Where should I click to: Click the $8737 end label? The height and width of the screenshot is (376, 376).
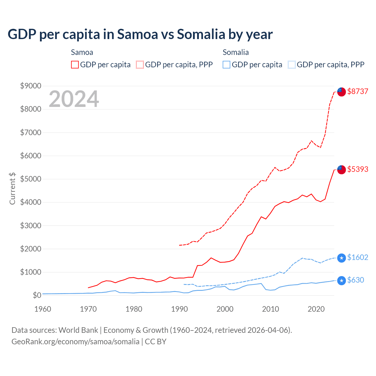tap(357, 91)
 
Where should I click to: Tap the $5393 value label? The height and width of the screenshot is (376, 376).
tap(357, 169)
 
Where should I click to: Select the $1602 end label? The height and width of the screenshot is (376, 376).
tap(357, 257)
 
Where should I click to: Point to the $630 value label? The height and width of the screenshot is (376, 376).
tap(355, 280)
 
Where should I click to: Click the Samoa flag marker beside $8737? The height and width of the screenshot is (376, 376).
tap(341, 92)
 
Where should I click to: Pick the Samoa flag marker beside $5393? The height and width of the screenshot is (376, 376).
tap(341, 169)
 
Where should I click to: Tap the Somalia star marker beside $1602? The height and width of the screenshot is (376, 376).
tap(341, 258)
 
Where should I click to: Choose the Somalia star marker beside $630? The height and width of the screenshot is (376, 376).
tap(341, 281)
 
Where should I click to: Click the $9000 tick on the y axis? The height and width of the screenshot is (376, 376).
tap(31, 86)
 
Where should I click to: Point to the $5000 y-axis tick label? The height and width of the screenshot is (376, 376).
tap(31, 179)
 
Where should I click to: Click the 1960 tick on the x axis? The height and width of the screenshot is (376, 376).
tap(43, 309)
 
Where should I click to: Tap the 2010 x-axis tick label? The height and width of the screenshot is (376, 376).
tap(271, 309)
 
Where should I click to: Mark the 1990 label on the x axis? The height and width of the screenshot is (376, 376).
tap(179, 309)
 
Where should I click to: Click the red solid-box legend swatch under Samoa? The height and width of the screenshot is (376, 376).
tap(75, 65)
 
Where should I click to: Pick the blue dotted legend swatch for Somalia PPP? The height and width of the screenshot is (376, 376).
tap(292, 65)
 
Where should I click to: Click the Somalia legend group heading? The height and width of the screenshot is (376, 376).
tap(236, 52)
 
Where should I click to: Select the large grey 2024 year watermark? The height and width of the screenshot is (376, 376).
tap(74, 99)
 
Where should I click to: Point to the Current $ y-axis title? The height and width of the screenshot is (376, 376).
tap(12, 188)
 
